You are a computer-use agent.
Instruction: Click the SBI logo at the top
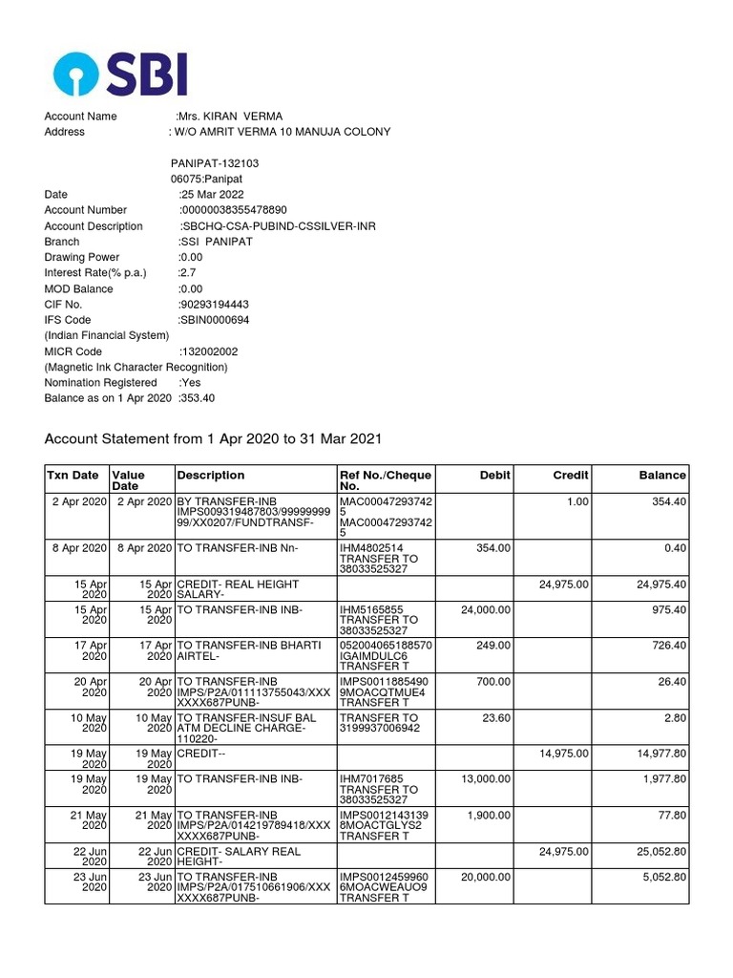(120, 74)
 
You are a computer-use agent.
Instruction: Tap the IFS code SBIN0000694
(215, 320)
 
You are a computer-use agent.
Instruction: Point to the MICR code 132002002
(209, 351)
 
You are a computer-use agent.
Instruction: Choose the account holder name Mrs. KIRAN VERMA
(230, 117)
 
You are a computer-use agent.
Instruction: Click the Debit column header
(493, 475)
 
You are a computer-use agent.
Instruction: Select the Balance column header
(662, 475)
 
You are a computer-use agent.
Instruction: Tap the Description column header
(210, 475)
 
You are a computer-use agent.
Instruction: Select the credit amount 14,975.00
(563, 753)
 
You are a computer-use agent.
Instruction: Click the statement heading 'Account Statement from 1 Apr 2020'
(214, 439)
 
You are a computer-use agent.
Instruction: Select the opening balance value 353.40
(197, 398)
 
